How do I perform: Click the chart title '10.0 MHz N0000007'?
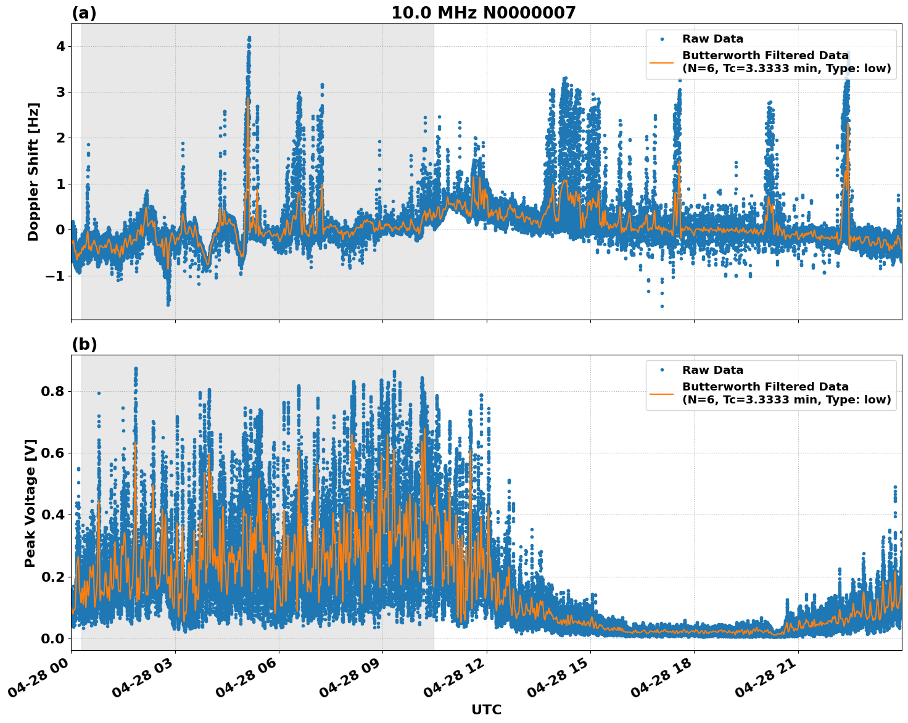point(483,13)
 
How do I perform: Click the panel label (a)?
point(84,13)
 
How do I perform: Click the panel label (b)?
point(84,344)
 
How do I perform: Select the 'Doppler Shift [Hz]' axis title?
point(33,171)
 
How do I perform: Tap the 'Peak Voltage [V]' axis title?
point(30,503)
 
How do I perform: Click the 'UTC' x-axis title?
point(486,709)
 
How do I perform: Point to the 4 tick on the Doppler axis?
point(60,47)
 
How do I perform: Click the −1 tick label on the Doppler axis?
point(55,276)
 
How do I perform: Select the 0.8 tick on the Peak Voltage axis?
point(52,391)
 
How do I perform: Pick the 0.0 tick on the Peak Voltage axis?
point(52,638)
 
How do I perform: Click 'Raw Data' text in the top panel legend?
point(712,39)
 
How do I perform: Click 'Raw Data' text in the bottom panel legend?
point(712,370)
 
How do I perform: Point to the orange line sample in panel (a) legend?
point(662,62)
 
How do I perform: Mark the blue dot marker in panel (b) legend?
point(662,370)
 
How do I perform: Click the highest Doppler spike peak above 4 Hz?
point(249,38)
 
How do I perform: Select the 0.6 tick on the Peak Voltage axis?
point(52,453)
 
